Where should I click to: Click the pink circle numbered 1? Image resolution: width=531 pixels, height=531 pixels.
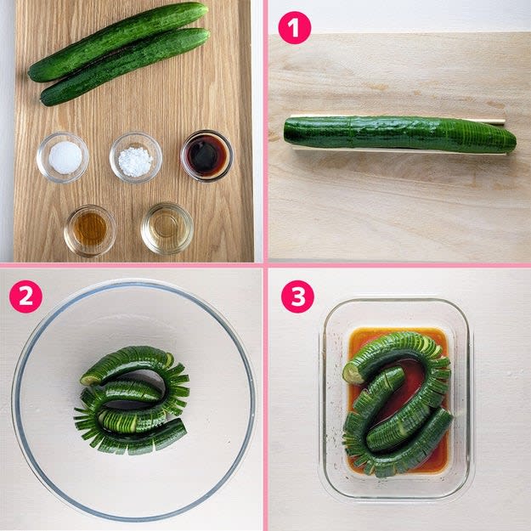click(294, 28)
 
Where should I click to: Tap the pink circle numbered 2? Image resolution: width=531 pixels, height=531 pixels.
click(25, 297)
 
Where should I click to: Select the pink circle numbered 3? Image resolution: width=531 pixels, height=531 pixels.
click(297, 297)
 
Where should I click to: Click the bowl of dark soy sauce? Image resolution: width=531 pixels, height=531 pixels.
click(206, 156)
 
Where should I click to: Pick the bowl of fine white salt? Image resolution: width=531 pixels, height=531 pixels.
click(63, 157)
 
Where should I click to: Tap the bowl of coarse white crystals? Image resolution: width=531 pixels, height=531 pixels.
click(136, 157)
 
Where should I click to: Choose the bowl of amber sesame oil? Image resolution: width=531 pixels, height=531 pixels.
click(90, 230)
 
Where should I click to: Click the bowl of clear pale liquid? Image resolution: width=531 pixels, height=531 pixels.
click(167, 229)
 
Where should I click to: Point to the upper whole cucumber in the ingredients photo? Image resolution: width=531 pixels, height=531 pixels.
click(119, 41)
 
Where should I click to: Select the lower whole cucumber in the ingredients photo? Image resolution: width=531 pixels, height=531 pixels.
click(125, 66)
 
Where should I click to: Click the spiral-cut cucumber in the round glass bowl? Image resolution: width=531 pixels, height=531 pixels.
click(132, 399)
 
